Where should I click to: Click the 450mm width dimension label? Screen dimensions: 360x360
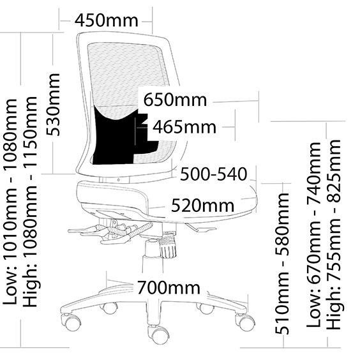coord(107,20)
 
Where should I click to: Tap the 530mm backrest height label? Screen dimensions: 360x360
coord(53,105)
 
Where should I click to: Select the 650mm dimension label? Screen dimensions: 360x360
coord(175,100)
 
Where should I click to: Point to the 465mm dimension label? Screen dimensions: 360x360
coord(184,127)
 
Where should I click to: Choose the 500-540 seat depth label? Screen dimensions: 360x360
coord(214,174)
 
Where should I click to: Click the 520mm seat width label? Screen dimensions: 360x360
coord(203,206)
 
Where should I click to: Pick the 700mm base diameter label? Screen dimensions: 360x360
coord(169,287)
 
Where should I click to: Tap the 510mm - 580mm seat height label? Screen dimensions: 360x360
coord(282,264)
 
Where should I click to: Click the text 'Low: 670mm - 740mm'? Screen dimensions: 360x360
coord(313,235)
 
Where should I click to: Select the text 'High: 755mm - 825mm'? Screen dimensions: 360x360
coord(334,235)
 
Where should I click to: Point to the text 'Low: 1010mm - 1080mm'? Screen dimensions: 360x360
coord(10,202)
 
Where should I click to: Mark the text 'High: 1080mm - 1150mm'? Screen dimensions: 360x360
coord(30,202)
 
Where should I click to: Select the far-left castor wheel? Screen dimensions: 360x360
coord(70,322)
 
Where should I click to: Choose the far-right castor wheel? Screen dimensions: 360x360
coord(244,322)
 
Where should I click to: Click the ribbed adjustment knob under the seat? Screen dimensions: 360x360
coord(169,247)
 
